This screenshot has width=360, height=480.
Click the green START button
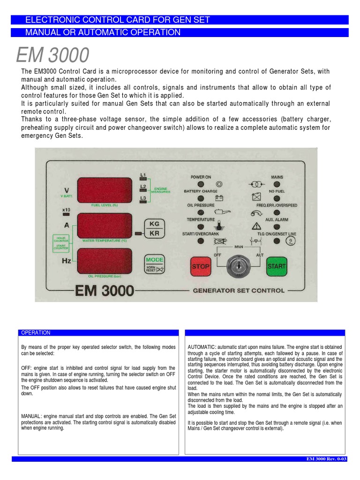click(277, 266)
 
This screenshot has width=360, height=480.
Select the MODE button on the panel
click(155, 263)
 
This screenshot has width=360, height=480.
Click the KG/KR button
click(154, 228)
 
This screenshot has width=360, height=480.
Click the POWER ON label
click(201, 177)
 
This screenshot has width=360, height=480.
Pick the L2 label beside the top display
click(143, 187)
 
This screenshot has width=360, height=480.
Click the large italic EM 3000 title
click(52, 56)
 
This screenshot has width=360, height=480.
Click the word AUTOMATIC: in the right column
click(202, 347)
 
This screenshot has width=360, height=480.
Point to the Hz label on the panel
click(67, 261)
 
